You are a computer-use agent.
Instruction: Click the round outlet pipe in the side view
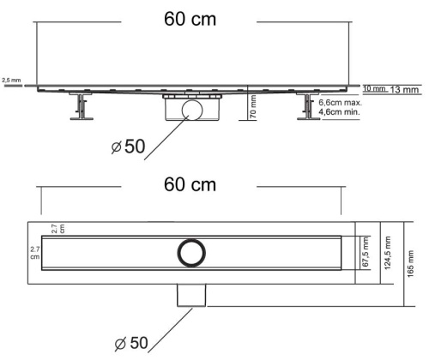191,111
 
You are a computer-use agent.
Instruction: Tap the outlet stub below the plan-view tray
192,295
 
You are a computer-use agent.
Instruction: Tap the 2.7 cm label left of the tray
33,251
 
